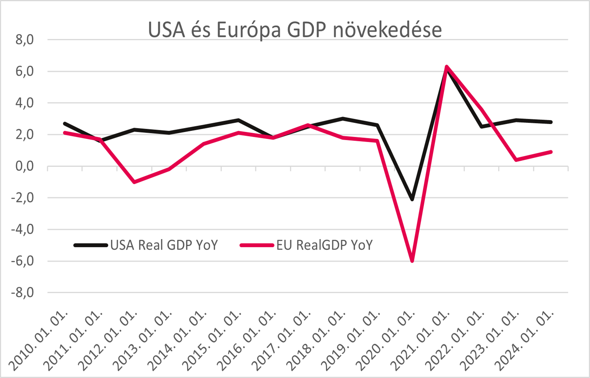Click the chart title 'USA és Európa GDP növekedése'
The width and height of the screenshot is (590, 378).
click(295, 30)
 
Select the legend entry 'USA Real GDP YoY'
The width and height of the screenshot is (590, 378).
click(164, 245)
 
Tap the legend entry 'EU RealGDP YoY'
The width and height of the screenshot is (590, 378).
click(324, 245)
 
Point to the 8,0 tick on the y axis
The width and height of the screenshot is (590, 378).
click(25, 40)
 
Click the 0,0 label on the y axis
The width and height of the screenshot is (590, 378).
click(25, 166)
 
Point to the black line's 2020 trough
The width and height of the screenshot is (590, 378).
click(412, 199)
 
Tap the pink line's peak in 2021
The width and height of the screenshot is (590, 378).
click(447, 67)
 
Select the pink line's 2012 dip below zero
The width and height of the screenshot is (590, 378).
click(134, 182)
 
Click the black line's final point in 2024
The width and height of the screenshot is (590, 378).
click(551, 122)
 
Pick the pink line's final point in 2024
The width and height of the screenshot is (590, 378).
click(551, 152)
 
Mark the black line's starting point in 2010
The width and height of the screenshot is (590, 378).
click(65, 124)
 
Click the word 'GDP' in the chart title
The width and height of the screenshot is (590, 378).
click(306, 30)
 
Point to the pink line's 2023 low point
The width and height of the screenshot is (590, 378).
click(516, 160)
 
